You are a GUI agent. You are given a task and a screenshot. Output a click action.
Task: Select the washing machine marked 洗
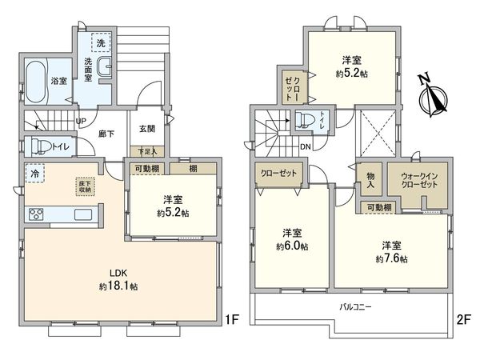pos(101,42)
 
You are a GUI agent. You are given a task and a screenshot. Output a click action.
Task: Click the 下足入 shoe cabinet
pos(147,150)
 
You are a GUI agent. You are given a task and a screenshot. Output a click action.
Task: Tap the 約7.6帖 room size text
pos(394,258)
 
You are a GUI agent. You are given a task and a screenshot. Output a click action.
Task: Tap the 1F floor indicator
pos(232,323)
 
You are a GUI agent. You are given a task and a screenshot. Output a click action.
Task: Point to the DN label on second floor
pos(305,146)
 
